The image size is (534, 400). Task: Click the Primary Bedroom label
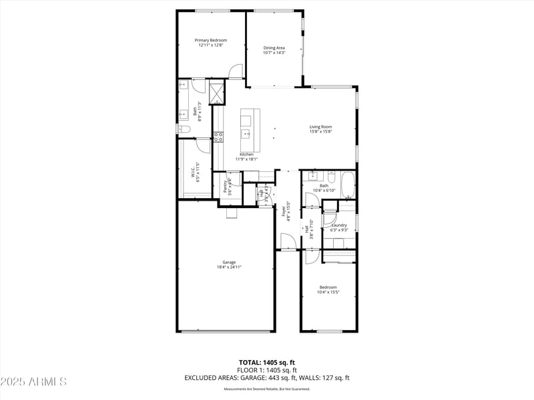tap(210, 41)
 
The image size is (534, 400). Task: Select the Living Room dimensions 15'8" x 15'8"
tap(320, 132)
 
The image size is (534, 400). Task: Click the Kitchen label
tap(246, 154)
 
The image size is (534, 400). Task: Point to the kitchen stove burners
tap(218, 137)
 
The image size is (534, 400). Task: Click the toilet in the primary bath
tap(181, 129)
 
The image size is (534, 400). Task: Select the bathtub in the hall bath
tap(348, 185)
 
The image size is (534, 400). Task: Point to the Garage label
tap(229, 262)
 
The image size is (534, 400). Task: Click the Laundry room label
tap(339, 225)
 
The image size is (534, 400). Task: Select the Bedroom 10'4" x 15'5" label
tap(328, 287)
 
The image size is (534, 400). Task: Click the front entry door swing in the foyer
tap(288, 242)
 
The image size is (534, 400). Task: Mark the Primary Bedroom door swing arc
tap(235, 72)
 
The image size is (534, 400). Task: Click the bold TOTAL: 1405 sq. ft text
tap(266, 362)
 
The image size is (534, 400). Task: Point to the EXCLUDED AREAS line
tap(266, 378)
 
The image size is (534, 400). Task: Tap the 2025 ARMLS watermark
tap(33, 382)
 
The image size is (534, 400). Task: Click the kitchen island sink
tap(246, 134)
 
